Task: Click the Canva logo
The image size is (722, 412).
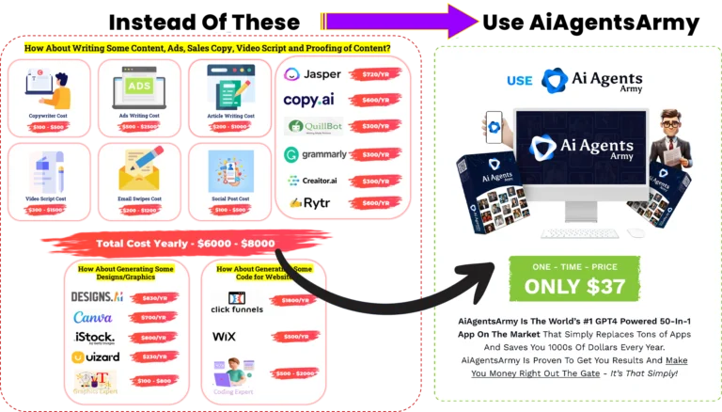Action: pyautogui.click(x=91, y=316)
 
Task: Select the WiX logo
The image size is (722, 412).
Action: pyautogui.click(x=224, y=336)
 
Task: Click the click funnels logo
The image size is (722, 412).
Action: pyautogui.click(x=237, y=304)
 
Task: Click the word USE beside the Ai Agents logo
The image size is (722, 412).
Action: pyautogui.click(x=519, y=81)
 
